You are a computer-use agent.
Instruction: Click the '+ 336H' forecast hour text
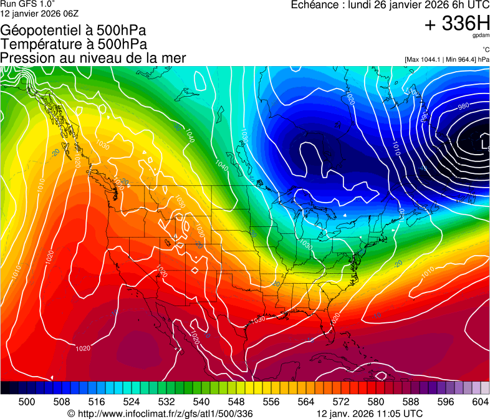click(457, 24)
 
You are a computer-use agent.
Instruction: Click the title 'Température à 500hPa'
click(74, 44)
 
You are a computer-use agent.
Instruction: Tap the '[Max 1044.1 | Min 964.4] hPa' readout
click(447, 59)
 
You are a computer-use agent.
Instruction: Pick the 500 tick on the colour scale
click(27, 401)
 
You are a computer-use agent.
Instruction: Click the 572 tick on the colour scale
click(341, 401)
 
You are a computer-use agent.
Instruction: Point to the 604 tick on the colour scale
click(479, 401)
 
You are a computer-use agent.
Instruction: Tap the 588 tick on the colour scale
click(410, 401)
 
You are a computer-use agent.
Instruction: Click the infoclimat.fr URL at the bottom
click(160, 413)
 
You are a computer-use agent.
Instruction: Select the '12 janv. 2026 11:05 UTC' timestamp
click(370, 413)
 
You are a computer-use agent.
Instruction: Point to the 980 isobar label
click(463, 107)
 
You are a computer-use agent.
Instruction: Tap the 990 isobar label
click(424, 118)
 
